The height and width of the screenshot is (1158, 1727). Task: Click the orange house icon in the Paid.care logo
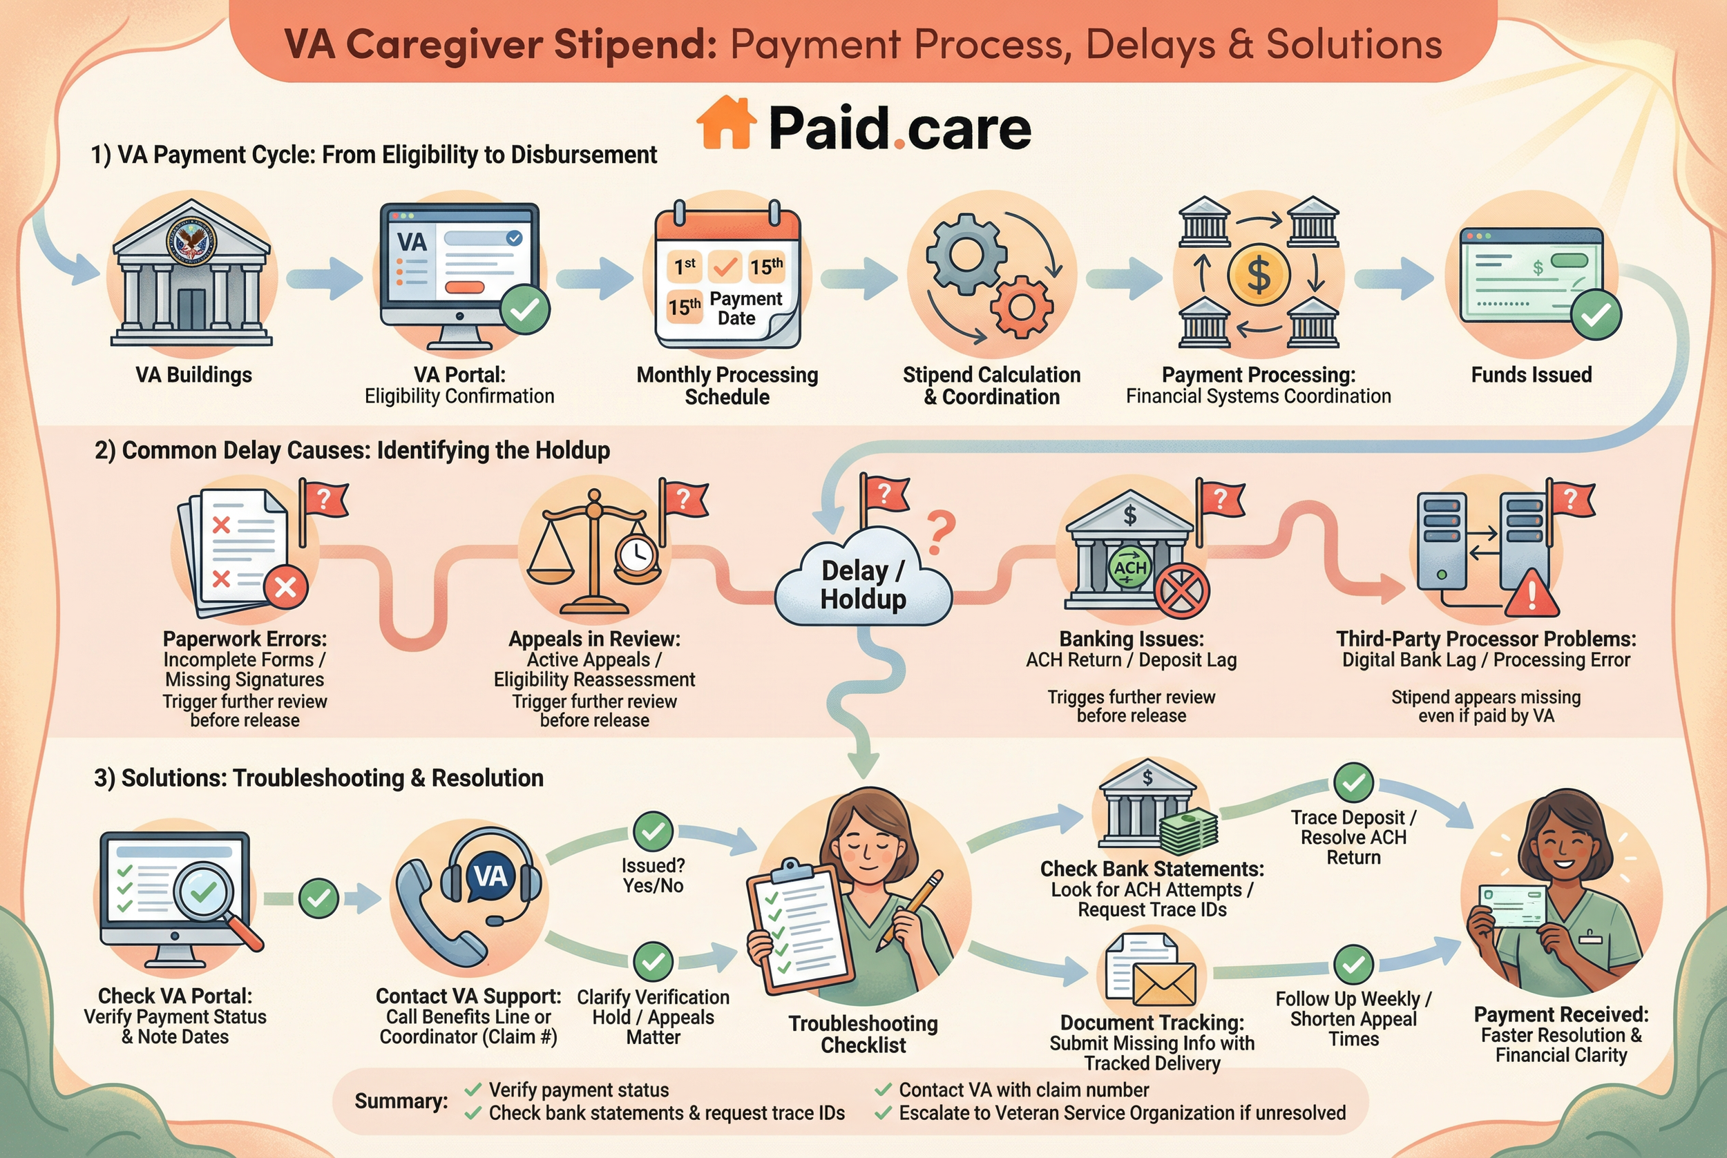(x=726, y=124)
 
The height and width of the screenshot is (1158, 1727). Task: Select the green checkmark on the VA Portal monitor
(x=524, y=310)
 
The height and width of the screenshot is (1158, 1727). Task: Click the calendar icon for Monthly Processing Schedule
(x=727, y=277)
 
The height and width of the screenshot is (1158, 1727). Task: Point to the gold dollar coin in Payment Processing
(x=1259, y=275)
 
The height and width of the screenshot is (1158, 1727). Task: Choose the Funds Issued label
(x=1531, y=375)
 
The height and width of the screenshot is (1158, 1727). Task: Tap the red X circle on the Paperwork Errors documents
(x=286, y=588)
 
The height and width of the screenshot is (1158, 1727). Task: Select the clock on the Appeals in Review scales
(x=637, y=553)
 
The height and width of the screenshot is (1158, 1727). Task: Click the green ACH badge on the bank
(x=1129, y=568)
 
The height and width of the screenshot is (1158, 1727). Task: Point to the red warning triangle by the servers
(x=1532, y=594)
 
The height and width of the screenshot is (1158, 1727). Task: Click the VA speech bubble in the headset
(x=490, y=877)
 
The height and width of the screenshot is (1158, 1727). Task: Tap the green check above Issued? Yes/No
(x=653, y=831)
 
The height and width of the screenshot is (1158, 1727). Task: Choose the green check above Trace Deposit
(x=1353, y=783)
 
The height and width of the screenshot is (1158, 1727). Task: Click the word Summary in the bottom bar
(x=401, y=1101)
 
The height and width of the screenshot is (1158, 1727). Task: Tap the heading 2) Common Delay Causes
(x=352, y=450)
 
